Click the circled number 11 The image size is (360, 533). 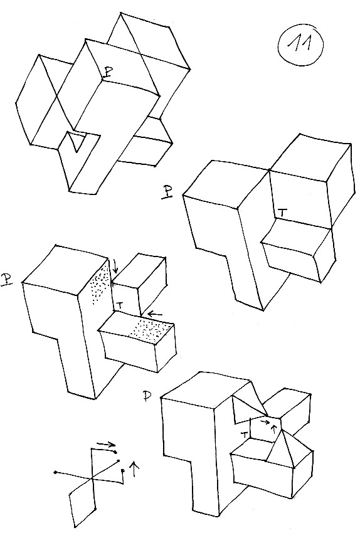(300, 45)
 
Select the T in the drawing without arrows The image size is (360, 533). (282, 213)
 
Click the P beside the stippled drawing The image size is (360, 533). (6, 279)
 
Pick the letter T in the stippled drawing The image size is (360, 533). (120, 305)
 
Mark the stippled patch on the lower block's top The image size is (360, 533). (152, 329)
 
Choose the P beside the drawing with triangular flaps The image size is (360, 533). (147, 397)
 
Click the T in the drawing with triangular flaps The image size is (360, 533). (243, 434)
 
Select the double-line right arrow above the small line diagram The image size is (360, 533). (107, 444)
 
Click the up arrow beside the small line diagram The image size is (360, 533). (135, 469)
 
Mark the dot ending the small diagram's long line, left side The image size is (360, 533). (55, 473)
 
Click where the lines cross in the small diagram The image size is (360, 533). (92, 479)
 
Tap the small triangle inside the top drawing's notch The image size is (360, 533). (75, 140)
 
